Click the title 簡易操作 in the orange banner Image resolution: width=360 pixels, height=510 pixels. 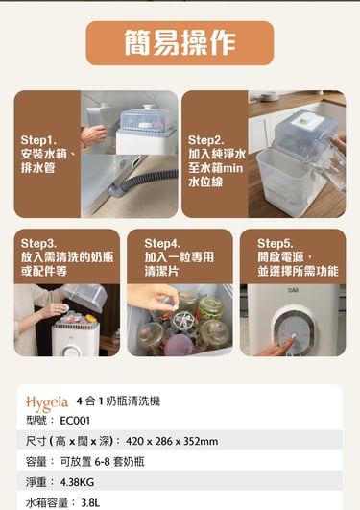point(180,42)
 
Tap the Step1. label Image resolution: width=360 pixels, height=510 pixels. point(38,140)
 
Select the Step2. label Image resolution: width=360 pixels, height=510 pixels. point(205,140)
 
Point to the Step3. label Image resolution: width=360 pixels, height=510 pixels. point(38,243)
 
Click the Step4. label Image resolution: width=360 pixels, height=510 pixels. point(162,243)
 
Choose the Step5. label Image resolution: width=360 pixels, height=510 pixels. point(276,243)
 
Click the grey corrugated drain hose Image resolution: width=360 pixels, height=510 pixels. point(143,183)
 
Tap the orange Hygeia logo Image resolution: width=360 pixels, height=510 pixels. point(47,402)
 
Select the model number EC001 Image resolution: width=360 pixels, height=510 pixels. point(75,421)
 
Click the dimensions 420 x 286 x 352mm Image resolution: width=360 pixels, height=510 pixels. point(172,442)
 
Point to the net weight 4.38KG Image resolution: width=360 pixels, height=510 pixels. point(77,482)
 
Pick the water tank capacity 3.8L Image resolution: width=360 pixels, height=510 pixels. point(90,503)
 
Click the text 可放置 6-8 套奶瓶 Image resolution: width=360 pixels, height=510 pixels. point(102,462)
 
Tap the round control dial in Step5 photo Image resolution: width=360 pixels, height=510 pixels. point(294,328)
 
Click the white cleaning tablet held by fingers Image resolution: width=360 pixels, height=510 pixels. point(175,307)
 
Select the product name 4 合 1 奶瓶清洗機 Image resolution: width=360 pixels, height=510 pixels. point(118,401)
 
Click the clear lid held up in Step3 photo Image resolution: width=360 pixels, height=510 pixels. point(84,297)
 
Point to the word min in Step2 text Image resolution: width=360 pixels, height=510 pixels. point(233,168)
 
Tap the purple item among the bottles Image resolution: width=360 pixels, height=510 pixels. point(179,345)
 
